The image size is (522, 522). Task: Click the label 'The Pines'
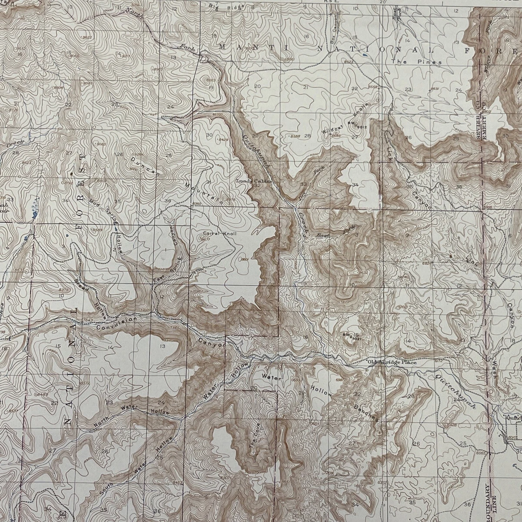[416, 62]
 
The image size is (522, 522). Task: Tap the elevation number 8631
[434, 89]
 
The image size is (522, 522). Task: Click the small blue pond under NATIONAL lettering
[364, 55]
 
